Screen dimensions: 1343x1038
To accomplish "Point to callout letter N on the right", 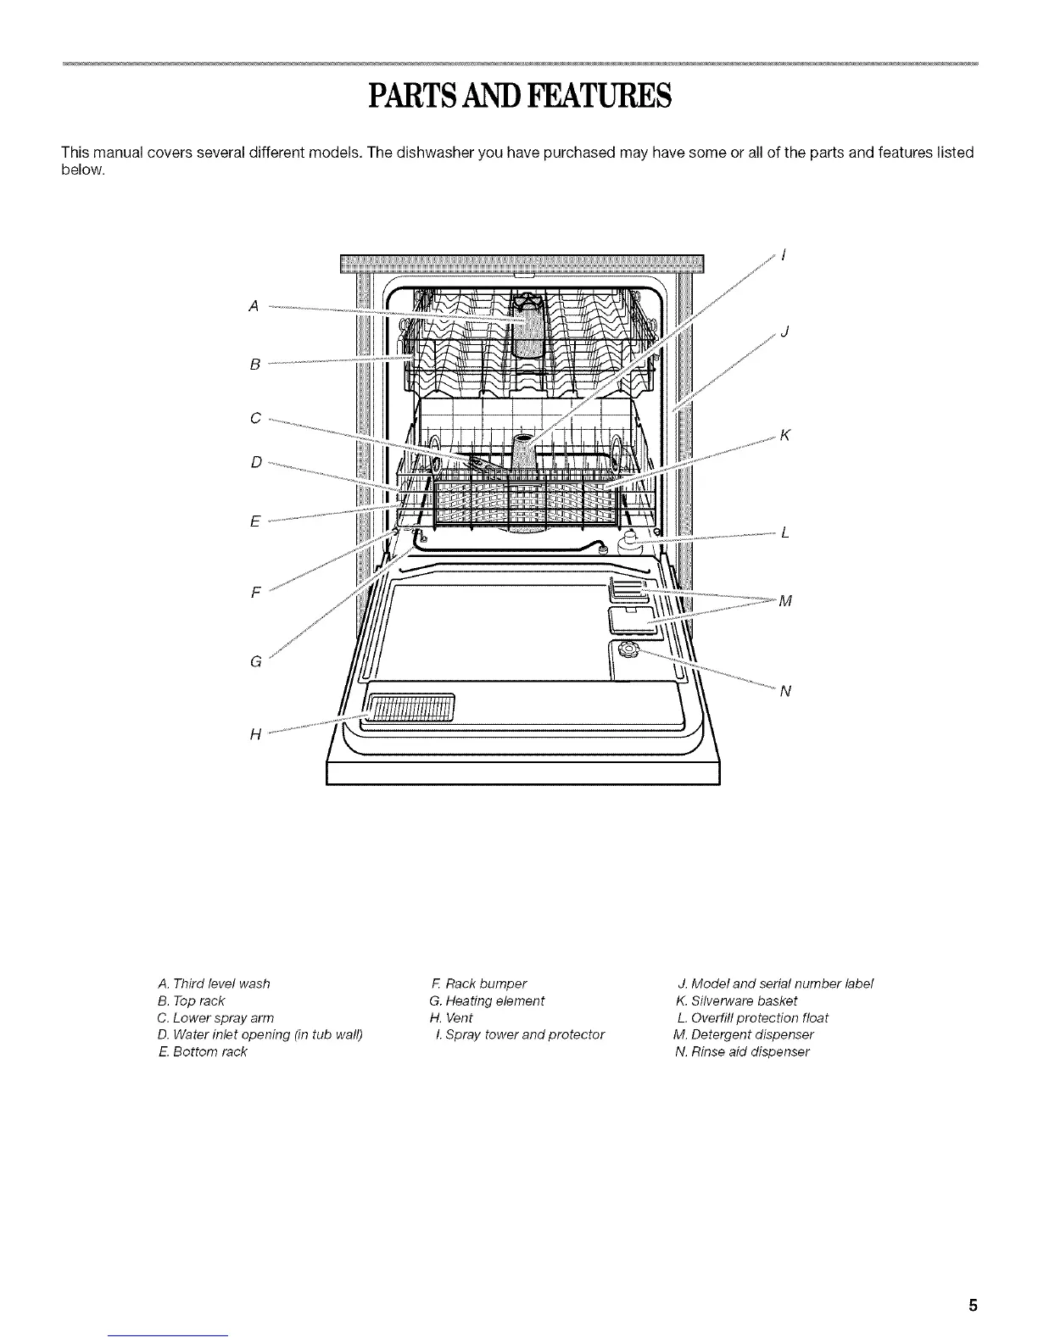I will (x=784, y=691).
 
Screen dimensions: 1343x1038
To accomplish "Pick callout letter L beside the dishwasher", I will (x=785, y=533).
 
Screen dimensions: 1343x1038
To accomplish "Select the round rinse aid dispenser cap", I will (x=628, y=650).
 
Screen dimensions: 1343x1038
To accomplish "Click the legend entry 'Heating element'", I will (x=487, y=1000).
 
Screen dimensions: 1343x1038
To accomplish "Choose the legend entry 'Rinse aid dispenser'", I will (x=741, y=1051).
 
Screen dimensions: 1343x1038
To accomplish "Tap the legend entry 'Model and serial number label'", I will (x=775, y=984).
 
